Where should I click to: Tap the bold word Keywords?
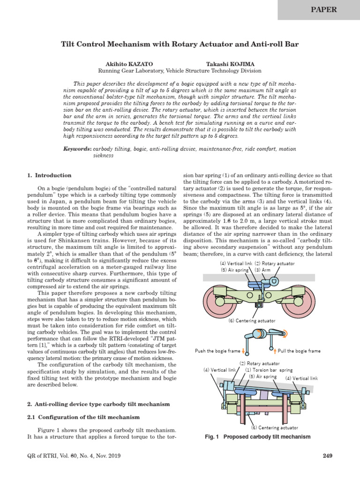[78, 149]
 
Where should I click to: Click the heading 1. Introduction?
[49, 175]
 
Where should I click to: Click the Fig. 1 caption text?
[258, 437]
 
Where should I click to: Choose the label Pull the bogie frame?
[299, 351]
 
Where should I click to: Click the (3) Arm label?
[263, 270]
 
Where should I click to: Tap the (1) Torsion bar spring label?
[269, 370]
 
